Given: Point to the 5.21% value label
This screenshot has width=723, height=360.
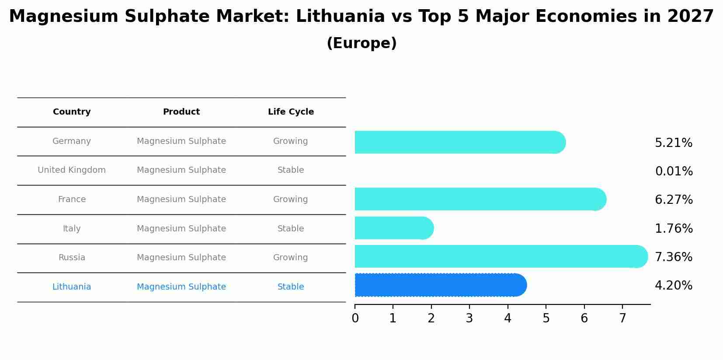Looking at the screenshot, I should pos(673,143).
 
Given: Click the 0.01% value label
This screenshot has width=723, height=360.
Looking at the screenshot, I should pos(674,171).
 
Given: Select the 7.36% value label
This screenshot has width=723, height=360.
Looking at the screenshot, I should pos(673,257).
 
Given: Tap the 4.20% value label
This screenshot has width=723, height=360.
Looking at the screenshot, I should pos(673,286).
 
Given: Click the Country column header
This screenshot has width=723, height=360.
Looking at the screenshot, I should pos(72,112).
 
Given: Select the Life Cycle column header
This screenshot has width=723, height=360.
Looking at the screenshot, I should pos(291,112).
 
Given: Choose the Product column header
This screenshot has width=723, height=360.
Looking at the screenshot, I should pos(181,112).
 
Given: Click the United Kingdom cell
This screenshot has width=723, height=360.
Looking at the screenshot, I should pos(72,170).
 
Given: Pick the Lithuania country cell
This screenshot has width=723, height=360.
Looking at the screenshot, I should pos(72,287).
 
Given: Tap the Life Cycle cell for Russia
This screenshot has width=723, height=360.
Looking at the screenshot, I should pos(291,258).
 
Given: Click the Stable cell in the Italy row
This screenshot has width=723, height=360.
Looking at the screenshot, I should pos(291,229).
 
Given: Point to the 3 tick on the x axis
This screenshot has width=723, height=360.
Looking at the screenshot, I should pos(469,318).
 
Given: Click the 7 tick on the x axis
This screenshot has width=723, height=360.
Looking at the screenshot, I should pos(622,318).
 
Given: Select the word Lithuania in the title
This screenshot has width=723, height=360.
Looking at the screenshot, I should pos(340,17).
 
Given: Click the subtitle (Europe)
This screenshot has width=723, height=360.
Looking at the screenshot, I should pos(361,43).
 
